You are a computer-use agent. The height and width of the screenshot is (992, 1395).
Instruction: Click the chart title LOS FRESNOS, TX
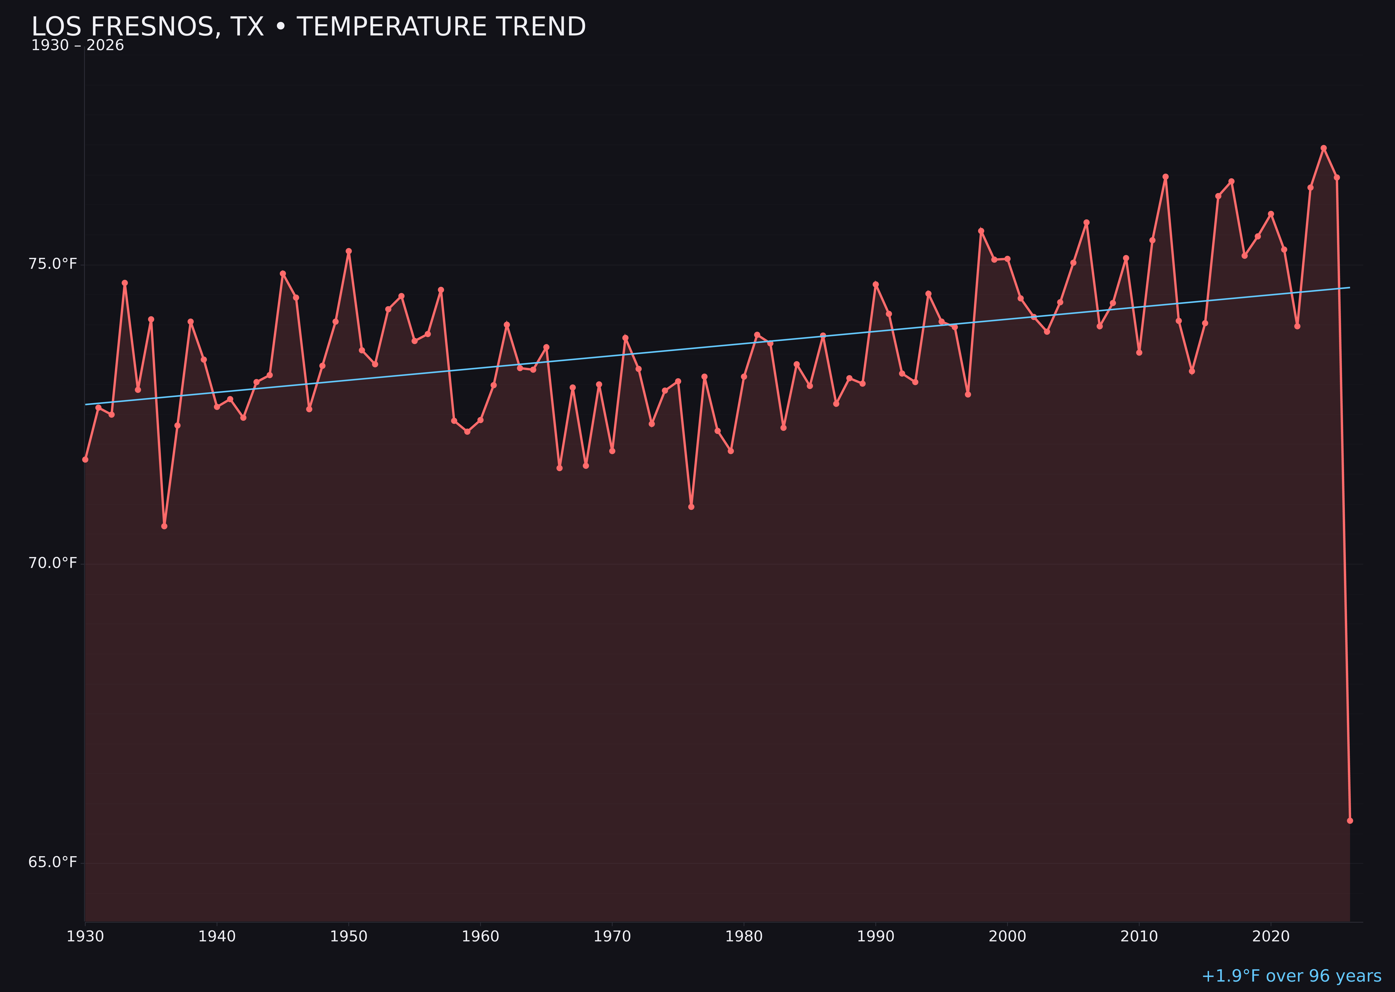308,27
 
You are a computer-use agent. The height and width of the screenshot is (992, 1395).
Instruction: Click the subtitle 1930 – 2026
77,46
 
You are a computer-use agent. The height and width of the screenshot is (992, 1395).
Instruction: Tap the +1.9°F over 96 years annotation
1291,976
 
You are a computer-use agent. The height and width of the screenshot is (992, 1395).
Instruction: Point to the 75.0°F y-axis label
53,264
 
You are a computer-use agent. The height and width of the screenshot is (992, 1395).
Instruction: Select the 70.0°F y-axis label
53,563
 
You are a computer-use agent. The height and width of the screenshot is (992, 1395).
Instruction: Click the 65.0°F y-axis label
53,862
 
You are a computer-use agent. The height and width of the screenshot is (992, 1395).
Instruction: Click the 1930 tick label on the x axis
85,937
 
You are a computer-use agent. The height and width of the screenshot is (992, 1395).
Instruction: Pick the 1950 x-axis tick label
349,937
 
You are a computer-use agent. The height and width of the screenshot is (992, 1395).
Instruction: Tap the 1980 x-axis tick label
744,937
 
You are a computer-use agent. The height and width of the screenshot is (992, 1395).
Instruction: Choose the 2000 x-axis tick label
1007,937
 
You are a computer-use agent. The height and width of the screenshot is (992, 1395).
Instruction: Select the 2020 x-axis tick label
1270,937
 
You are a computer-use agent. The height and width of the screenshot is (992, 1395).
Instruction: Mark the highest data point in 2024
1324,148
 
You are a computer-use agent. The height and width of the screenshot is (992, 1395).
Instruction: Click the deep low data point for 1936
164,526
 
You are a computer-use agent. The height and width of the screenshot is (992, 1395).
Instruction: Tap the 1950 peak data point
349,251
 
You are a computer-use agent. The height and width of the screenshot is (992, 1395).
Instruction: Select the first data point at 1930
85,459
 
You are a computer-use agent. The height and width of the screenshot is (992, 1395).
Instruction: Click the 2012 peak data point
1166,176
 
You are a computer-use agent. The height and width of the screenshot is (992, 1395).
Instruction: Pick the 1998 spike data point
981,231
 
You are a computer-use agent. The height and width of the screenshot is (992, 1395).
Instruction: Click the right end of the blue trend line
1349,288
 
